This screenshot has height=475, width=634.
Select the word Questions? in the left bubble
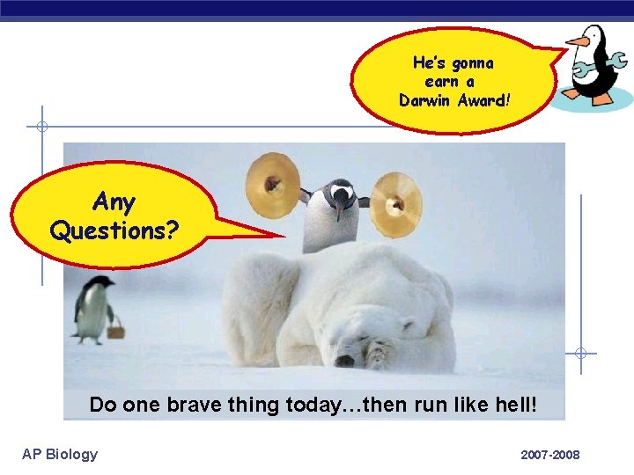114,231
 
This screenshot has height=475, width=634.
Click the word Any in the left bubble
114,202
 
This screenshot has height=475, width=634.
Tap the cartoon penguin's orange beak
576,40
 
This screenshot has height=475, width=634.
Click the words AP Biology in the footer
60,454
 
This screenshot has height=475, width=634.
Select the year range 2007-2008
550,455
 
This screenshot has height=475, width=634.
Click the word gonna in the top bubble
472,63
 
